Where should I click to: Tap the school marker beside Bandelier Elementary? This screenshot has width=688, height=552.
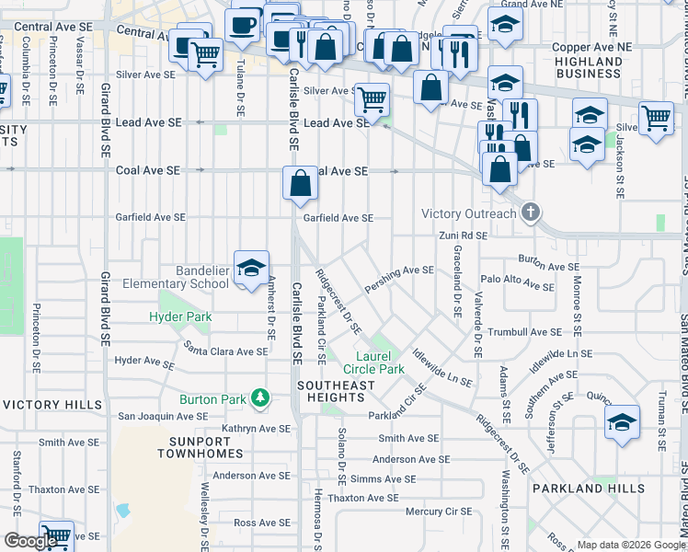coord(251,269)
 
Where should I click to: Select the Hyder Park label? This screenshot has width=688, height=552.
coord(181,317)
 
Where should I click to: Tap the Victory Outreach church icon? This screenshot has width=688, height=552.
coord(530,213)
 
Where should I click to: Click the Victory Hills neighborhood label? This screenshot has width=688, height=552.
coord(52,405)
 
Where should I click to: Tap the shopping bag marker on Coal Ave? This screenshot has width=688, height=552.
coord(301,183)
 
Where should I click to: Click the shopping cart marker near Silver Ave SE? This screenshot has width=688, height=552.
coord(372,98)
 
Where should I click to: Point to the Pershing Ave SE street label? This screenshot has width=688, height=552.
coord(399,270)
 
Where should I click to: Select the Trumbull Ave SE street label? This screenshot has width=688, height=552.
coord(525,332)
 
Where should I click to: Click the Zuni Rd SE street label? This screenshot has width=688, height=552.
coord(462,236)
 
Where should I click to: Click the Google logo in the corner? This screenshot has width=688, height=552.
coord(30,542)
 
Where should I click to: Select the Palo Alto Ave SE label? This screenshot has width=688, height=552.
coord(517,279)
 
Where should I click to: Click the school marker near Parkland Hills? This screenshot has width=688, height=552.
coord(623,423)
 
